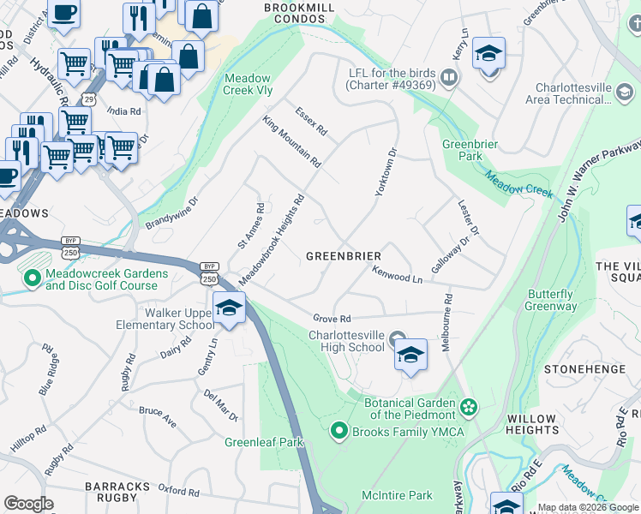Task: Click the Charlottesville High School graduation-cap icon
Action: click(x=410, y=354)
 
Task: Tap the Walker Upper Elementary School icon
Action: click(x=229, y=308)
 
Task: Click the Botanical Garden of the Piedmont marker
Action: click(x=468, y=404)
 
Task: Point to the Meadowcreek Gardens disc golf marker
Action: click(x=33, y=278)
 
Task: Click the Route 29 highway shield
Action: click(x=90, y=99)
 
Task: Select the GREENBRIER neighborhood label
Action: click(x=344, y=256)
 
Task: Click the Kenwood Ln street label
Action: click(x=398, y=275)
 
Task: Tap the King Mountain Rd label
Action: click(x=291, y=141)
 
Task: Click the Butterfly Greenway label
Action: click(x=551, y=300)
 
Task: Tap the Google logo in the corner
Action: click(x=28, y=504)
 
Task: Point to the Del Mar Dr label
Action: click(x=220, y=405)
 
